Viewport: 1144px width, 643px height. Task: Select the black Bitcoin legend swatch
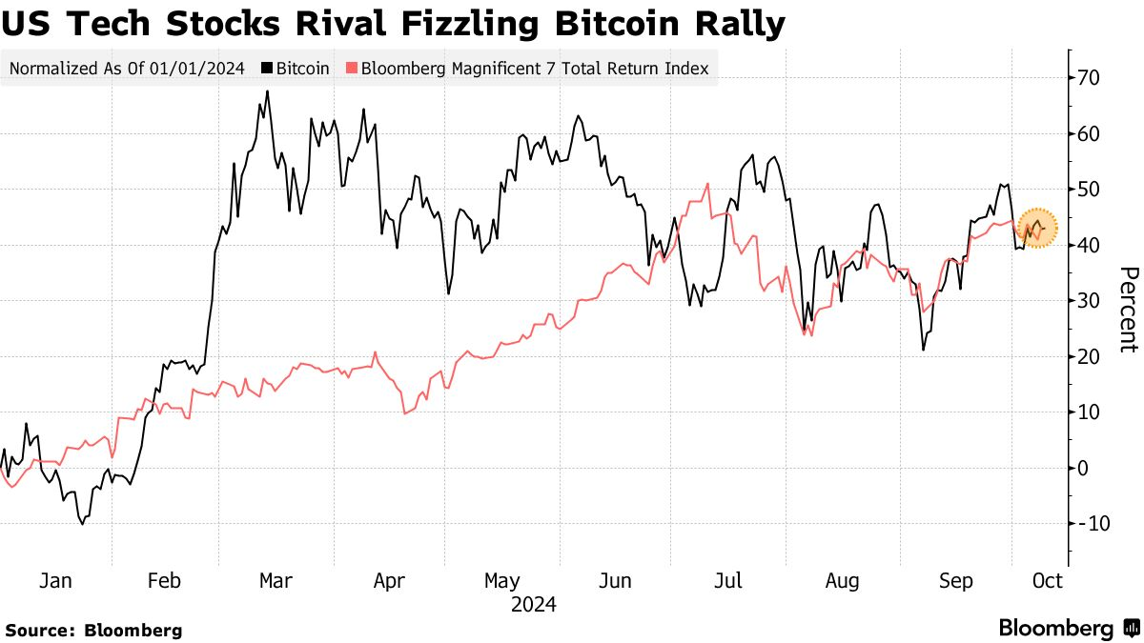coord(269,69)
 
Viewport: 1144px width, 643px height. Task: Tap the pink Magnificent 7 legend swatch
coord(351,69)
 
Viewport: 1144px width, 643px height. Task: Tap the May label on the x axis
coord(501,580)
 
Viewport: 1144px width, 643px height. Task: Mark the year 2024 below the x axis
coord(534,604)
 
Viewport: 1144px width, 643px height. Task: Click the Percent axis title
coord(1128,310)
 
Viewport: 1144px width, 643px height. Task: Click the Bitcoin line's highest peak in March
coord(267,91)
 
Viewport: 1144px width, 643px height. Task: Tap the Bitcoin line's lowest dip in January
coord(83,523)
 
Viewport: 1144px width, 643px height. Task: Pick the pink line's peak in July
coord(707,184)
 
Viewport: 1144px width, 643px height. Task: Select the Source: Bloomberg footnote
coord(93,630)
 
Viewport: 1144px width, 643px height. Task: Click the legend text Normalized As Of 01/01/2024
coord(127,69)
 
